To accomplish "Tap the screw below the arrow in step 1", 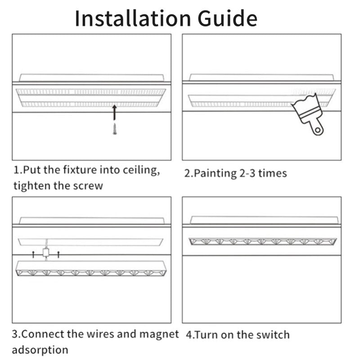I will (114, 129).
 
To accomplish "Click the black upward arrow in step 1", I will (114, 112).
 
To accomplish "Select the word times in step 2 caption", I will (273, 173).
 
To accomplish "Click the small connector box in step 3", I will (45, 253).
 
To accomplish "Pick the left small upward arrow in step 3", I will (33, 254).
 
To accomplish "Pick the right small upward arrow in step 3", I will (58, 254).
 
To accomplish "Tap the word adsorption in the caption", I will (40, 349).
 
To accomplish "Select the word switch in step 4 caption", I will (273, 335).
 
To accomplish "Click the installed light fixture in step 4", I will (262, 241).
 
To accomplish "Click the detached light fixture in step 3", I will (91, 269).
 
